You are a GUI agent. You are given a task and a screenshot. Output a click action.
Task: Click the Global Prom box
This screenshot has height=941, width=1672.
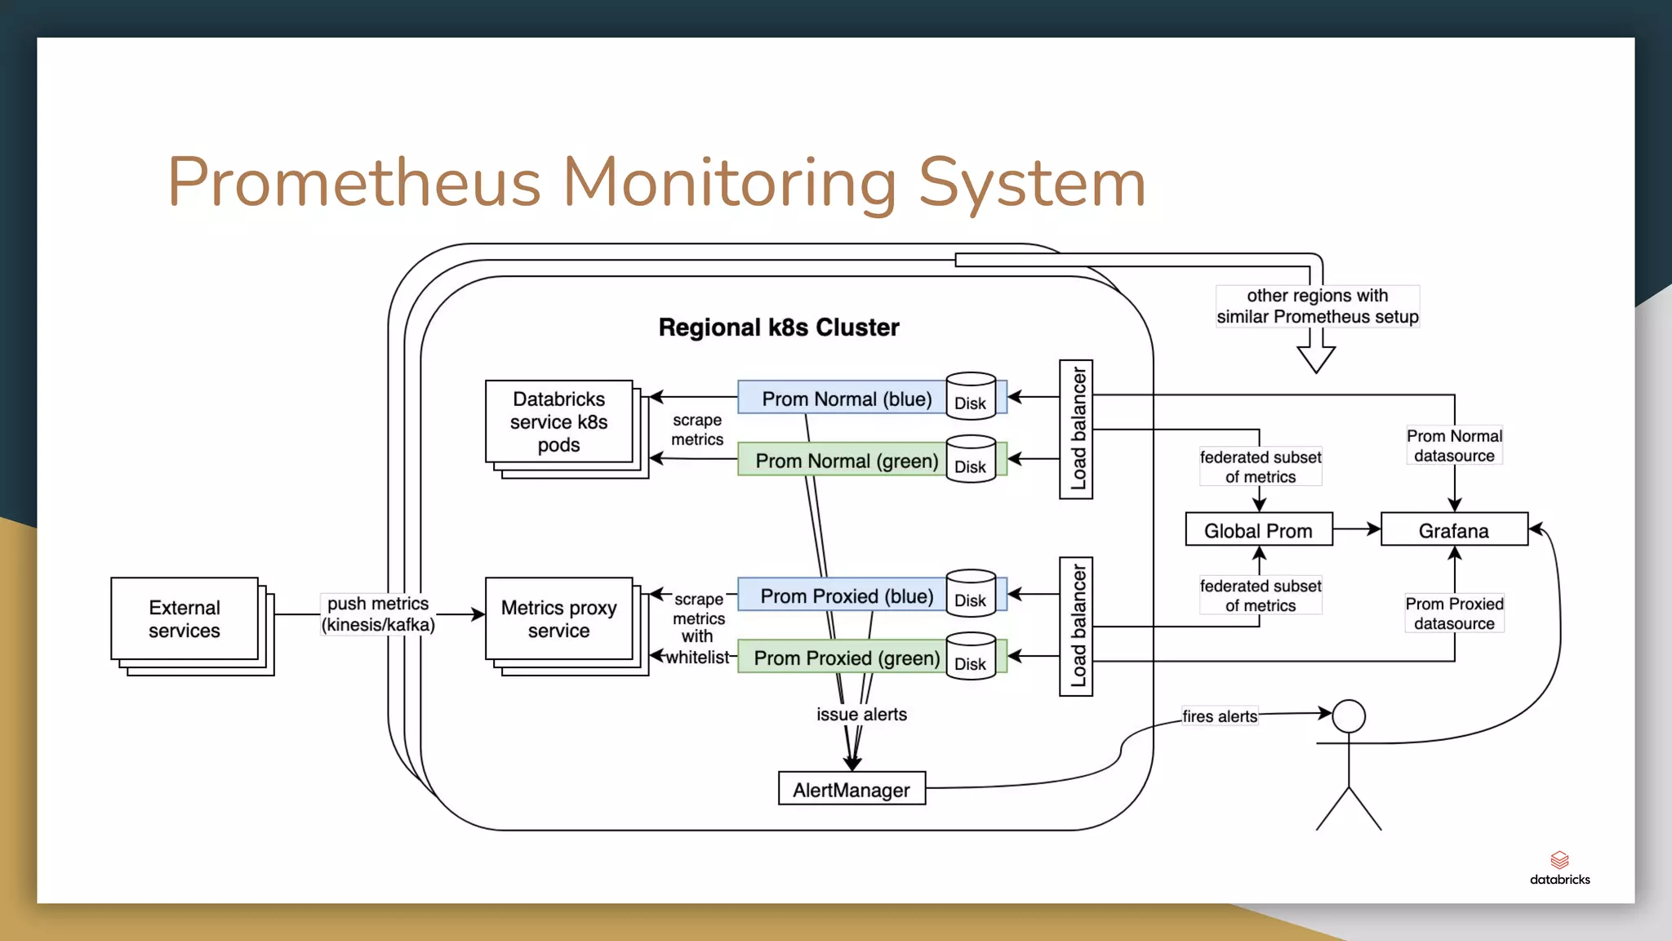click(x=1258, y=530)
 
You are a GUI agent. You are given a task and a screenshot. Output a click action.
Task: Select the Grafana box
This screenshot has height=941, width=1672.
click(x=1453, y=530)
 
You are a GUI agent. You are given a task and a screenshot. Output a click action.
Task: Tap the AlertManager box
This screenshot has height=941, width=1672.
click(x=852, y=789)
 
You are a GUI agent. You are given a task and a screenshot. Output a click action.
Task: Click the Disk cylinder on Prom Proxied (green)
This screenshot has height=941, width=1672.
click(x=971, y=658)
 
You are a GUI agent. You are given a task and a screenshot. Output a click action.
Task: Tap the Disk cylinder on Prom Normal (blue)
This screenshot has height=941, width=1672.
click(x=971, y=398)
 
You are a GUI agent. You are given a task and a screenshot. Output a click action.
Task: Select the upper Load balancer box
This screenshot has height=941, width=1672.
click(x=1076, y=429)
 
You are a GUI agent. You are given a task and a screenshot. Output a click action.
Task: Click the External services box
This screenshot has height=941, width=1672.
click(x=185, y=618)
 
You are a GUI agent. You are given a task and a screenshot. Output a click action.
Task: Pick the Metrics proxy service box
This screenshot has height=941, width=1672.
click(x=558, y=618)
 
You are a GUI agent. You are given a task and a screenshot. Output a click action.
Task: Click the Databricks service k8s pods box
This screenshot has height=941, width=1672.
click(x=558, y=421)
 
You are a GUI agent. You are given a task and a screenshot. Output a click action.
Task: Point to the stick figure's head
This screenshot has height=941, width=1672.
click(x=1349, y=716)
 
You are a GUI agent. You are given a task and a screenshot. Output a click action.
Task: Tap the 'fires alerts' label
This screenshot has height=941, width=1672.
click(x=1220, y=716)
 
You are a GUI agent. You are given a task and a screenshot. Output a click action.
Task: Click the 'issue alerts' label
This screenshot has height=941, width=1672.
click(x=861, y=714)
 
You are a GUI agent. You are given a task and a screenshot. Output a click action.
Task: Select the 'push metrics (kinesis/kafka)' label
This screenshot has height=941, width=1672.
click(x=378, y=614)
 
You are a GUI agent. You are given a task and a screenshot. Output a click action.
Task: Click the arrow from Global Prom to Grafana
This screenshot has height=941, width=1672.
click(x=1356, y=529)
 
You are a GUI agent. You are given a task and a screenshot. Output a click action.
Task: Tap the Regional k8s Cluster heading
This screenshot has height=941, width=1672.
click(x=778, y=328)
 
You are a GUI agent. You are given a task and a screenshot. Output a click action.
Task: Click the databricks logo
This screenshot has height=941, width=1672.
click(x=1559, y=867)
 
